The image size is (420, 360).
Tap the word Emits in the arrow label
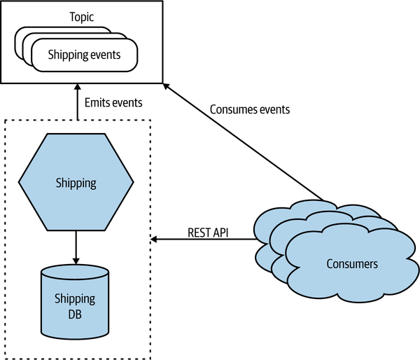pyautogui.click(x=98, y=102)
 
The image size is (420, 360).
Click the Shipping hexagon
pyautogui.click(x=76, y=184)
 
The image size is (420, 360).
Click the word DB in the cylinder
pyautogui.click(x=75, y=314)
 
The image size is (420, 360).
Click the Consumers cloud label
pyautogui.click(x=352, y=264)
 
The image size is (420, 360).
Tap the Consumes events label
pyautogui.click(x=250, y=110)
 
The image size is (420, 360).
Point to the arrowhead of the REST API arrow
pyautogui.click(x=154, y=240)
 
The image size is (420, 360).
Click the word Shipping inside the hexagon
pyautogui.click(x=76, y=184)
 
